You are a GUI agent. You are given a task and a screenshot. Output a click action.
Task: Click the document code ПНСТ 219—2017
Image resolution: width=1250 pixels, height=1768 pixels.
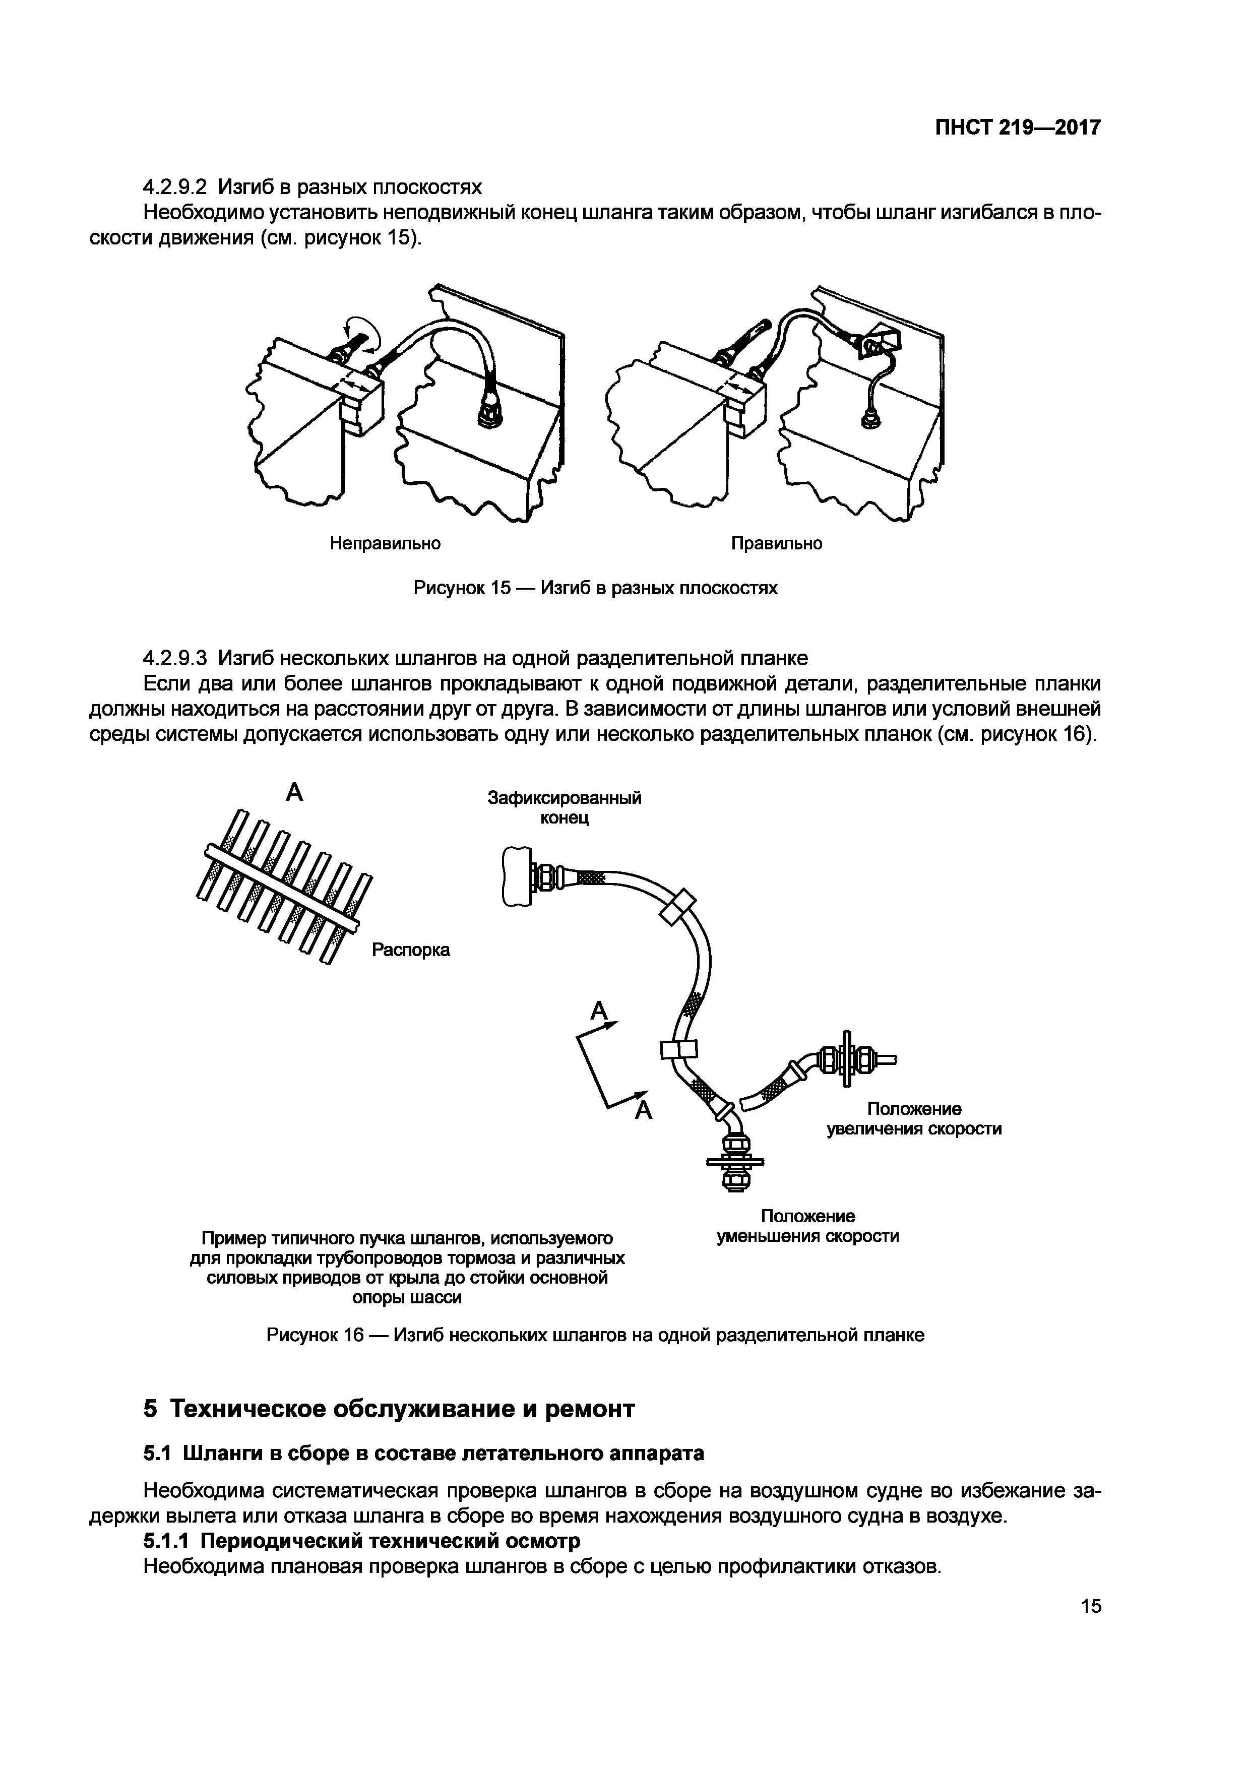(1018, 128)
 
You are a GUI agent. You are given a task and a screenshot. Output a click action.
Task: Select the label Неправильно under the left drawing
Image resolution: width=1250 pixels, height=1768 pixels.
(385, 544)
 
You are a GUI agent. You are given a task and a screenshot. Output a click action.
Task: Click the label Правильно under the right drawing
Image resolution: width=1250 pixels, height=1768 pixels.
(776, 544)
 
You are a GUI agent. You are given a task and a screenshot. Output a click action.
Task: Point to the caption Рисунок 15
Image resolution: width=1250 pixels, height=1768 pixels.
(595, 588)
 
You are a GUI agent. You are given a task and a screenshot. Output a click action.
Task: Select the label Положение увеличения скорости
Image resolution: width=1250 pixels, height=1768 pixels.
(914, 1119)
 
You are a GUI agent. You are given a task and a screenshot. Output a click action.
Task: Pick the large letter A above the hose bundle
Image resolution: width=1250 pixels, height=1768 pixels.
(294, 792)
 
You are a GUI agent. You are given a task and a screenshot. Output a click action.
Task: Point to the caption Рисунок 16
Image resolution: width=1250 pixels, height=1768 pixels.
(595, 1335)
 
